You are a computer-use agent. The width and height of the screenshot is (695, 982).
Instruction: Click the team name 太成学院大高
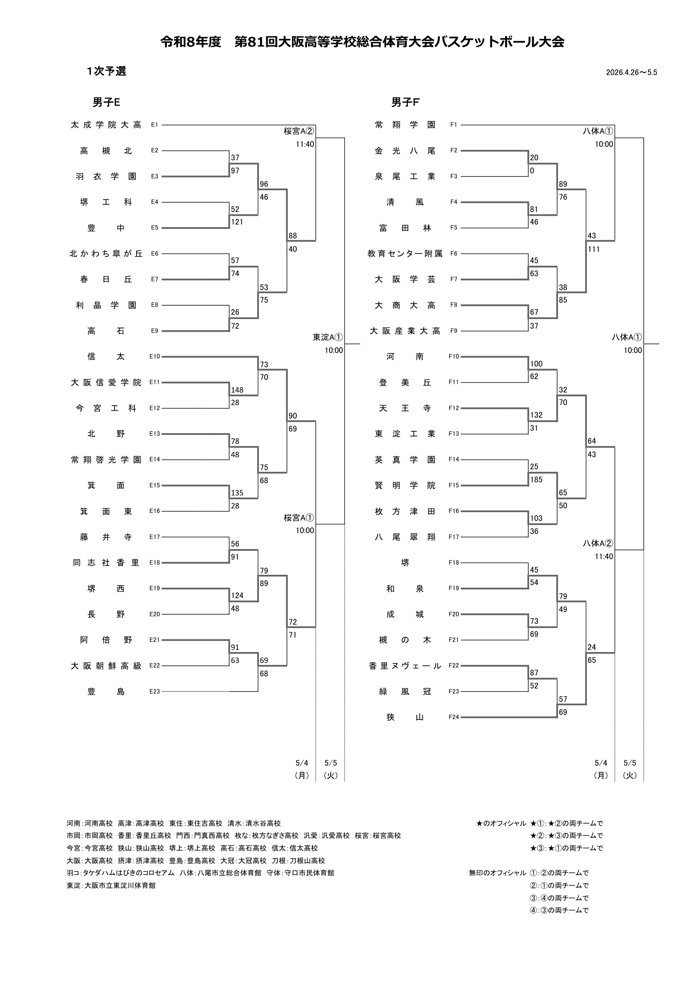coord(106,125)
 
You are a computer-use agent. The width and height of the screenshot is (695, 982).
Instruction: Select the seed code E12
coord(155,408)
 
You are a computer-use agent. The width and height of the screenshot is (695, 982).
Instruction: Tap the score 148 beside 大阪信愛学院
coord(237,390)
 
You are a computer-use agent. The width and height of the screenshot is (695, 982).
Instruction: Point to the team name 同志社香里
coord(106,563)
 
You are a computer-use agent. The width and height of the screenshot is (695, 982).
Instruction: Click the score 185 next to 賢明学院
coord(536,479)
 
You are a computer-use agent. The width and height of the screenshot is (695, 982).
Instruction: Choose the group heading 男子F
coord(405,102)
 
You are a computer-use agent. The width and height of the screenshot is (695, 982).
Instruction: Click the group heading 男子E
coord(106,102)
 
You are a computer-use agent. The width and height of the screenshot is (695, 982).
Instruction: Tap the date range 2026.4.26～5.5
coord(631,72)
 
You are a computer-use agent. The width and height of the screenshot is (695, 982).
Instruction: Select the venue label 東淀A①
coord(328,337)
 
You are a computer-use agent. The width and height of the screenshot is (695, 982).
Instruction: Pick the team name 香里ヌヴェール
coord(405,665)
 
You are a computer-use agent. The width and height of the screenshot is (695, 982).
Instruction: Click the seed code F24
coord(454,717)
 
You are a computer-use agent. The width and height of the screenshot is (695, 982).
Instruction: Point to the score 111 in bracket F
coord(594,249)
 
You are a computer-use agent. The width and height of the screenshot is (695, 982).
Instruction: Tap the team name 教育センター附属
coord(405,254)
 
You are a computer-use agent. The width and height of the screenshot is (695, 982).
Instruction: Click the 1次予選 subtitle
coord(106,71)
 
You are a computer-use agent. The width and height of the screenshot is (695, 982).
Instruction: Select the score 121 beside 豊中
coord(237,222)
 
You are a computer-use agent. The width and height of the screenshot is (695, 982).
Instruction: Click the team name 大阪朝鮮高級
coord(106,665)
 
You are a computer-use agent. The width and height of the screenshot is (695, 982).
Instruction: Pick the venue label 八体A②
coord(598,543)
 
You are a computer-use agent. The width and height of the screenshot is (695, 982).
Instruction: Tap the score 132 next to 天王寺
coord(536,415)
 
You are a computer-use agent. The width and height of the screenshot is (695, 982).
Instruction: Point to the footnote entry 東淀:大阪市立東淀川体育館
coord(111,882)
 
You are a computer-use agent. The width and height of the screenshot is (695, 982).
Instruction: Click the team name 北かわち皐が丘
coord(106,254)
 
